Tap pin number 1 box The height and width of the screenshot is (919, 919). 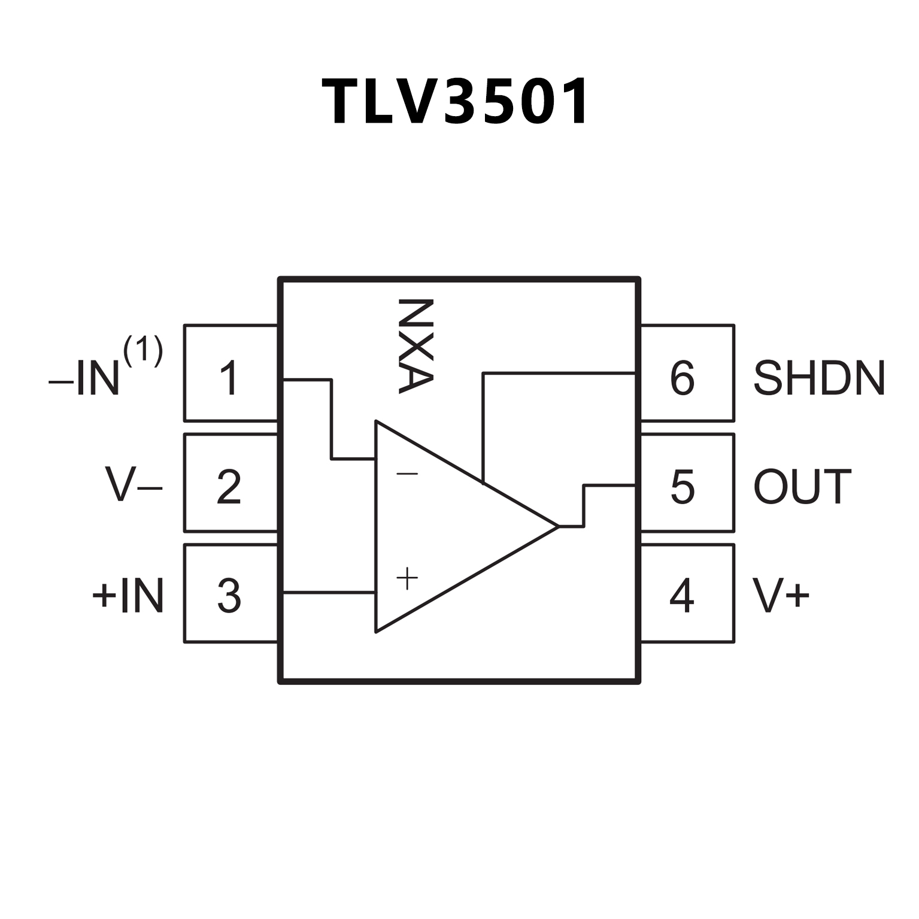click(230, 374)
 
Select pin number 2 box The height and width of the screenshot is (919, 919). click(230, 483)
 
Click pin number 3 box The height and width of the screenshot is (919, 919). click(230, 593)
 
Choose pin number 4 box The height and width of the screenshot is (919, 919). click(687, 593)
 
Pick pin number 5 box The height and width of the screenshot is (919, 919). click(687, 483)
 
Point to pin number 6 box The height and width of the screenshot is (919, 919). click(687, 374)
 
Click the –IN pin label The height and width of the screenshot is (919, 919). click(85, 378)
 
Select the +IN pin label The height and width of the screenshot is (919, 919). click(128, 596)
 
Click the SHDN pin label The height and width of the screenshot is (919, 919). click(818, 378)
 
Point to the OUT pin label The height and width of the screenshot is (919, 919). click(802, 486)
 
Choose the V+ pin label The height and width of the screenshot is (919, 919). click(781, 596)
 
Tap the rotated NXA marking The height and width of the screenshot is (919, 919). click(415, 345)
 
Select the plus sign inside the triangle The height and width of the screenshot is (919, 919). click(407, 579)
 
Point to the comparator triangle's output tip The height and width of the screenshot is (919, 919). click(557, 526)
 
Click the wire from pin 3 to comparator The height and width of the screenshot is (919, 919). click(329, 593)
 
